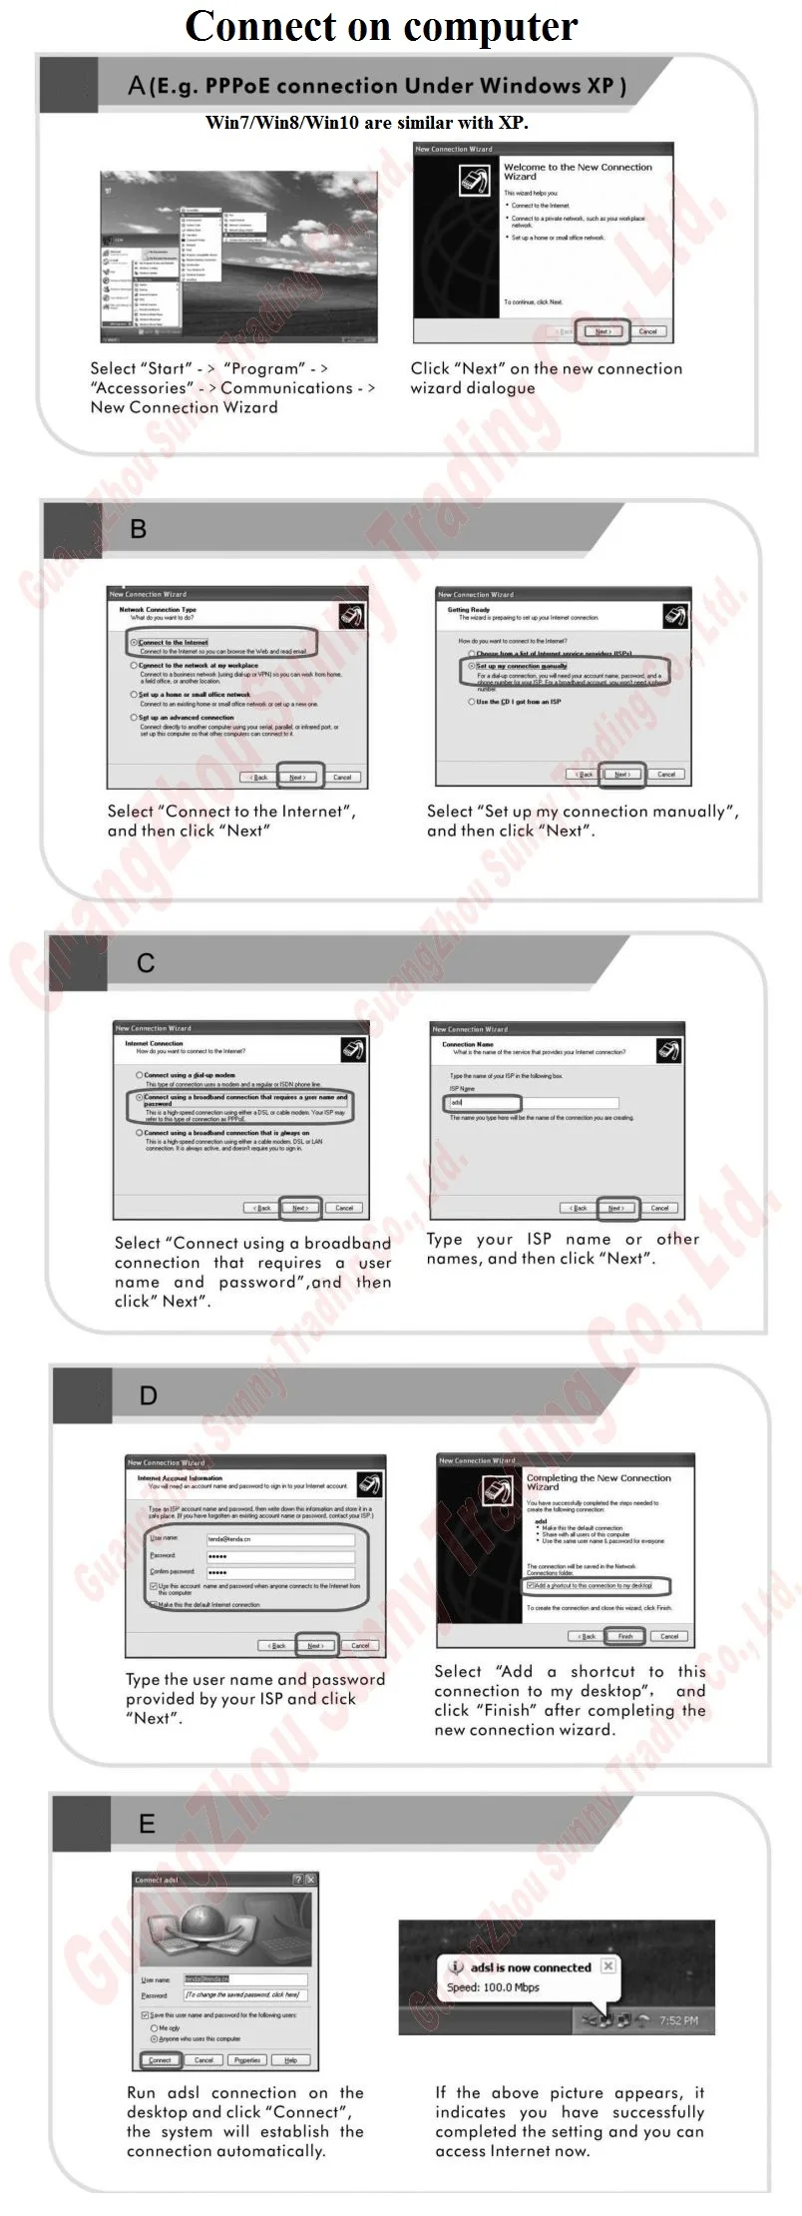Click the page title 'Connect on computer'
pyautogui.click(x=381, y=27)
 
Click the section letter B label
pyautogui.click(x=139, y=529)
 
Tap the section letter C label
pyautogui.click(x=146, y=962)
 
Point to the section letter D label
pyautogui.click(x=148, y=1395)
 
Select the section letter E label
pyautogui.click(x=147, y=1824)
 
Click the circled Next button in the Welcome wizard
pyautogui.click(x=602, y=331)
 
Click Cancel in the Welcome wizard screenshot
pyautogui.click(x=647, y=331)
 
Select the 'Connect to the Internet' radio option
pyautogui.click(x=135, y=643)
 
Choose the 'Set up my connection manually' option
pyautogui.click(x=471, y=665)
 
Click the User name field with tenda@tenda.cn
pyautogui.click(x=279, y=1539)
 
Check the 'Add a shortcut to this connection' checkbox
pyautogui.click(x=531, y=1585)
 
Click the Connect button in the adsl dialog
pyautogui.click(x=160, y=2060)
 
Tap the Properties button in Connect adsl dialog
pyautogui.click(x=246, y=2060)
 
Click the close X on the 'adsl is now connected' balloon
pyautogui.click(x=608, y=1965)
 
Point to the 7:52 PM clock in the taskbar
pyautogui.click(x=678, y=2020)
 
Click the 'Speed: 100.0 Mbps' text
pyautogui.click(x=493, y=1987)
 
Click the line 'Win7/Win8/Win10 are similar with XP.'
pyautogui.click(x=366, y=123)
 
